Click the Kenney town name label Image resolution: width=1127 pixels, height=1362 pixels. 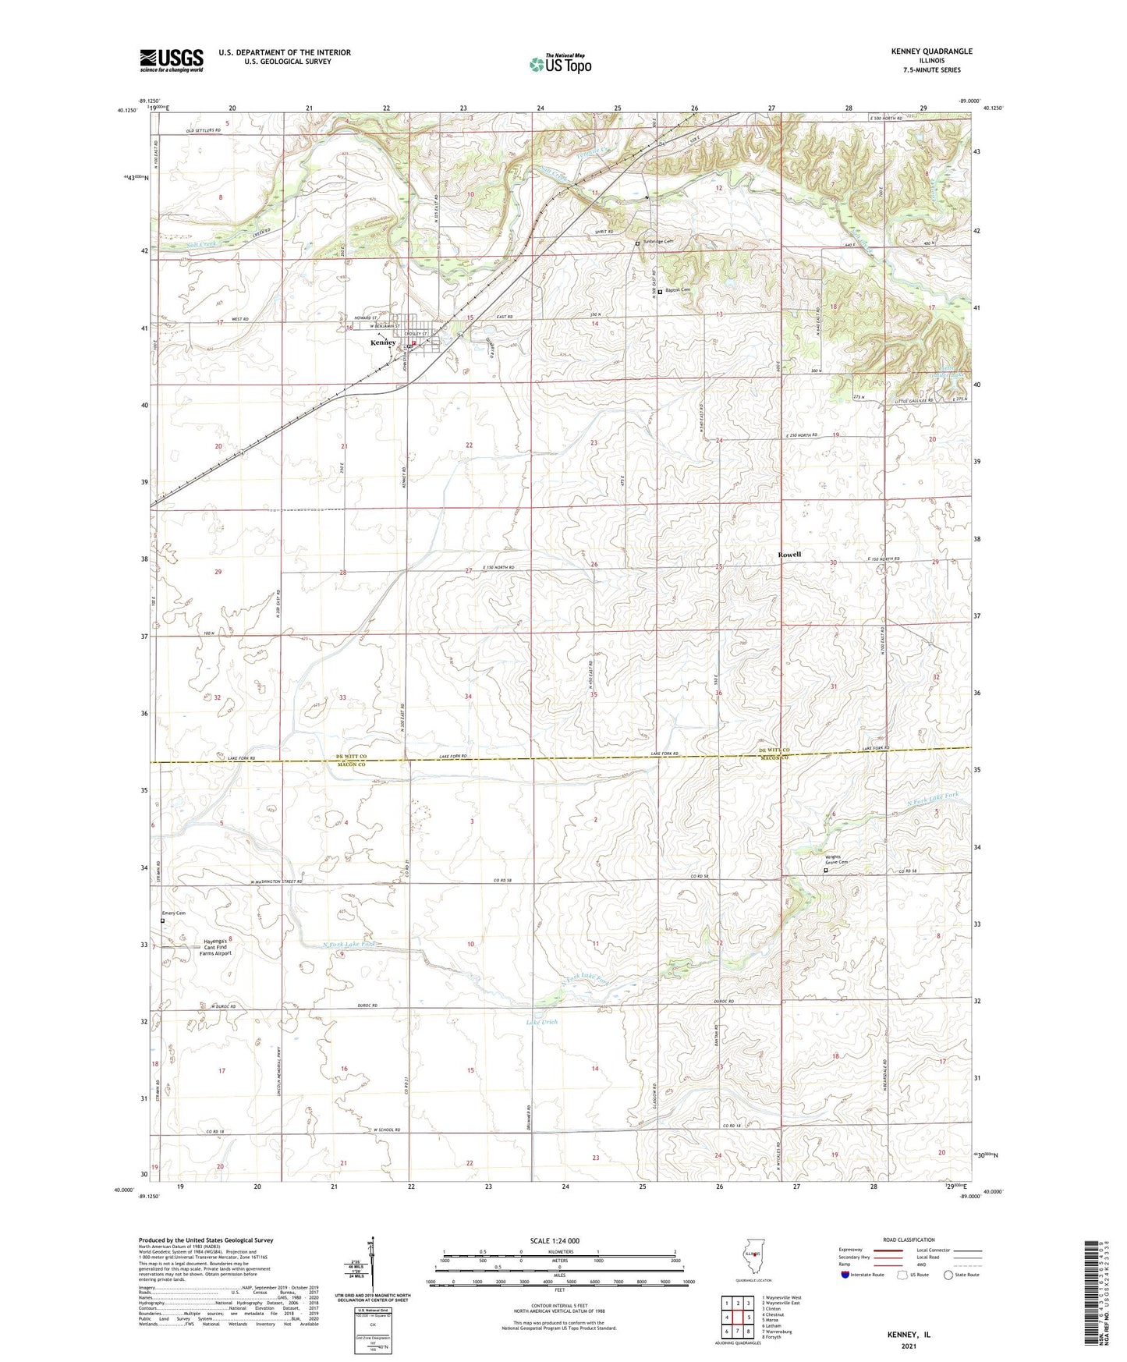coord(383,342)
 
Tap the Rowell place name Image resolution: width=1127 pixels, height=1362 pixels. coord(789,555)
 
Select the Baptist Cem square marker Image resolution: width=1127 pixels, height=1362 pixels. coord(660,292)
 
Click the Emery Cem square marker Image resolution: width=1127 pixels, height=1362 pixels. coord(163,920)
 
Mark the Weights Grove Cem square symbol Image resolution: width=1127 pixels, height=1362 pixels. coord(826,871)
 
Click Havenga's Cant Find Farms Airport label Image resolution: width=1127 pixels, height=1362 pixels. coord(218,947)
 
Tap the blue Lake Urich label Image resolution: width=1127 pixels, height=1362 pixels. coord(542,1022)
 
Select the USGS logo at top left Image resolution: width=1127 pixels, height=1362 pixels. coord(172,60)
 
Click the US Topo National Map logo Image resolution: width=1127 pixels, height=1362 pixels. coord(559,64)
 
